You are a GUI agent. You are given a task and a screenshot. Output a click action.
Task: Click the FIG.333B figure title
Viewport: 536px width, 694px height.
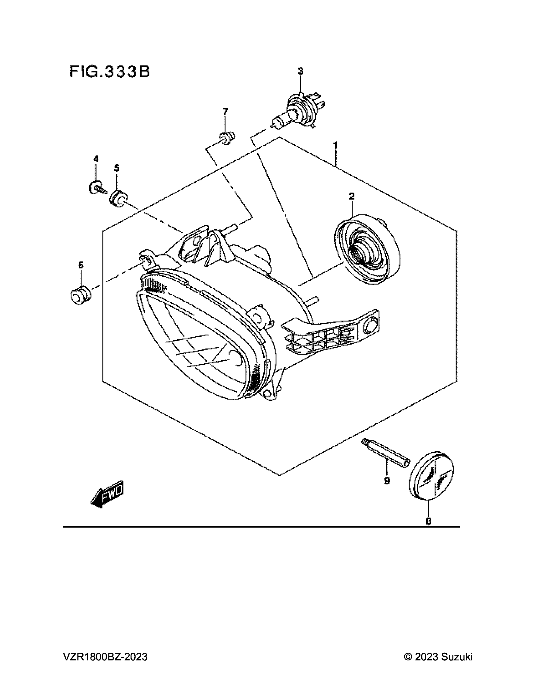(x=109, y=72)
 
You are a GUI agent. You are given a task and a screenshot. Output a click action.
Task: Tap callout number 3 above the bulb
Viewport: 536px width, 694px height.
(x=300, y=71)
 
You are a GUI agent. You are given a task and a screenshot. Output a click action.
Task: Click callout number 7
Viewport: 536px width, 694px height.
(x=225, y=112)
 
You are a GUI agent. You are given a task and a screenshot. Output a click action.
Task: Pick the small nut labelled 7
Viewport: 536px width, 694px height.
(x=227, y=138)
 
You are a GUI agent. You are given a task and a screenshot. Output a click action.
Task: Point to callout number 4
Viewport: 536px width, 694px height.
(x=96, y=159)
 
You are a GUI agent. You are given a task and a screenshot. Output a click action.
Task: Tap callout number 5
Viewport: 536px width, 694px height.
(x=117, y=168)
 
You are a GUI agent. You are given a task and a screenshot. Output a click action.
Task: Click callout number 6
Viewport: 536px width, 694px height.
(x=81, y=265)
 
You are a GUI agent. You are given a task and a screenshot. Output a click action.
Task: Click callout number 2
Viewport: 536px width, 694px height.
(x=352, y=197)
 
